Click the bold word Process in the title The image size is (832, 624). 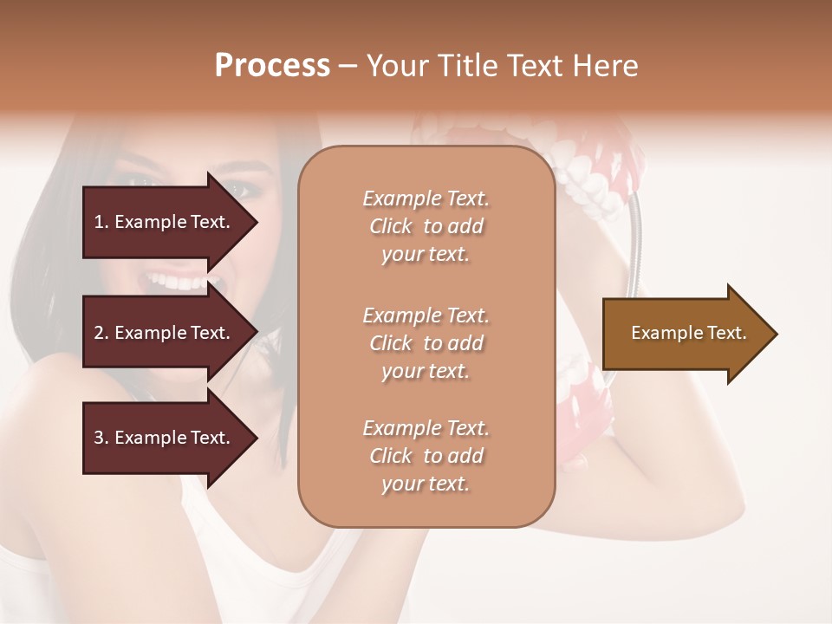click(x=272, y=65)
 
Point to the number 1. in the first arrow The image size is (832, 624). click(x=101, y=222)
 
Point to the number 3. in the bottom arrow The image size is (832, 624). click(x=101, y=438)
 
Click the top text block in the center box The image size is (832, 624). click(x=426, y=226)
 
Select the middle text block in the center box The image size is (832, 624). click(x=426, y=343)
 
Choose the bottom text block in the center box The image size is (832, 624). click(x=426, y=456)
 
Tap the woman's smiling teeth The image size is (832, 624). click(x=178, y=282)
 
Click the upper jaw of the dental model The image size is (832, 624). click(x=589, y=165)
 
